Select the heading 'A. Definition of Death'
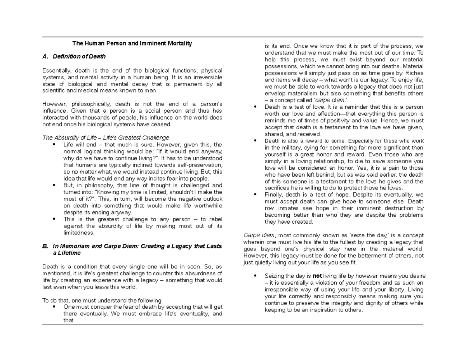tap(73, 57)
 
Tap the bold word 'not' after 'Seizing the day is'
tap(317, 276)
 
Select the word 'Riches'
tap(415, 73)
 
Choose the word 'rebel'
tap(215, 219)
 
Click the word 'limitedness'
tap(79, 233)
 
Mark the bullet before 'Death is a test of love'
tap(255, 107)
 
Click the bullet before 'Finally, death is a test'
tap(255, 195)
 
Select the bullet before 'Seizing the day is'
tap(255, 276)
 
